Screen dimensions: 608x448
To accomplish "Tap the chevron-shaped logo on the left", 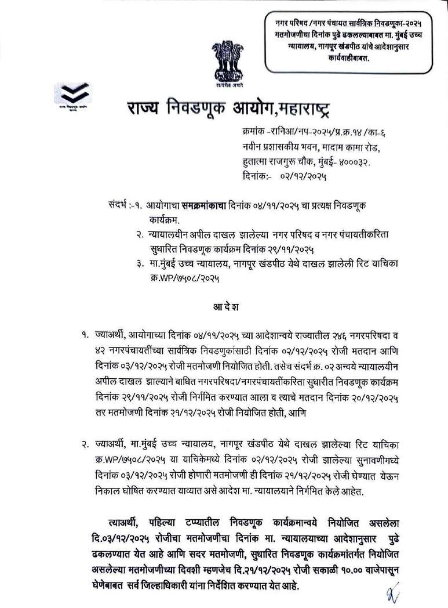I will pyautogui.click(x=79, y=92).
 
